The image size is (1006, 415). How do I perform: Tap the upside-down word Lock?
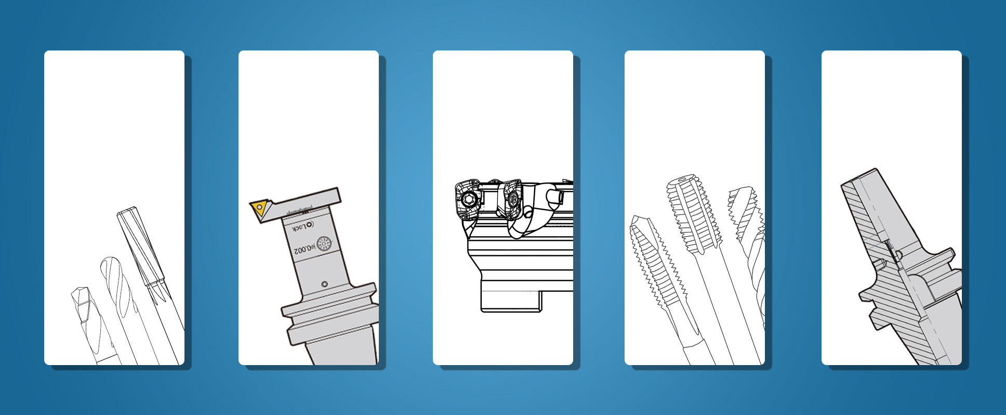tap(302, 227)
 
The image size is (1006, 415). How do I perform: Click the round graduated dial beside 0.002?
tap(324, 243)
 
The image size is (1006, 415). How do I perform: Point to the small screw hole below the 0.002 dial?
tap(325, 284)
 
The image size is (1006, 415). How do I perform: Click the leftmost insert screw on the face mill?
tap(469, 199)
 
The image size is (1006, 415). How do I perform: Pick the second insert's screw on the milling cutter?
tap(511, 198)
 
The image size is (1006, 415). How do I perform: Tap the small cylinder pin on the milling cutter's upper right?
tap(556, 197)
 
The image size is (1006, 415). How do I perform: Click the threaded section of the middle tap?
tap(694, 218)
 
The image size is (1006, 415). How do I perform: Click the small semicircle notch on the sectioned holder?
tap(898, 254)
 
